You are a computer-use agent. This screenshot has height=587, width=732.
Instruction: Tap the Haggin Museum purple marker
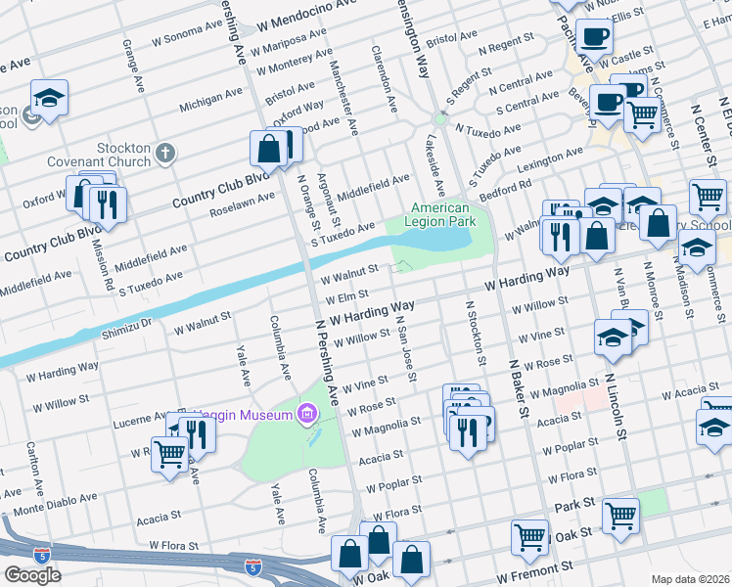[308, 415]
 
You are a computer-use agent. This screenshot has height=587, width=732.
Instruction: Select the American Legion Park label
[440, 215]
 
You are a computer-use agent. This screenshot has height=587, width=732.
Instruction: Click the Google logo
[32, 574]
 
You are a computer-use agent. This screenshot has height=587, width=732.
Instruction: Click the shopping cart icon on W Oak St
[529, 535]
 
